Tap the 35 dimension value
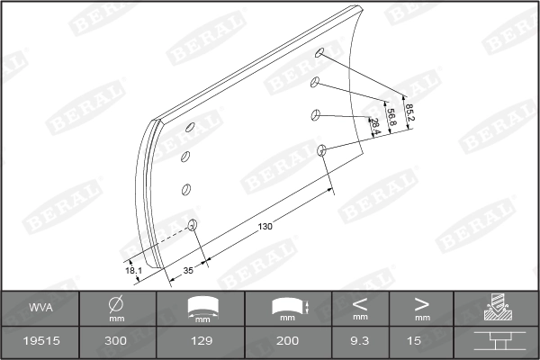[x=188, y=269]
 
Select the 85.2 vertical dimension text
[x=409, y=112]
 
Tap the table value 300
[x=116, y=342]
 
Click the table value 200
[x=288, y=342]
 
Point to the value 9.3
[x=360, y=342]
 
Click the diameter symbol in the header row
[x=116, y=304]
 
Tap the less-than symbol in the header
[x=360, y=303]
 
